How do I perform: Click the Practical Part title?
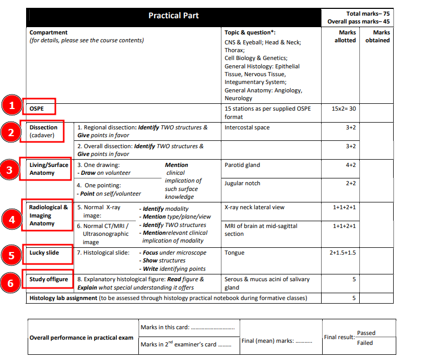173,16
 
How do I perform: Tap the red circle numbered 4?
10,219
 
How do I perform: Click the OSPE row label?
37,109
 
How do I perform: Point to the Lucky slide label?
44,253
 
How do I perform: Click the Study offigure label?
49,279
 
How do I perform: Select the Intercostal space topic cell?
247,127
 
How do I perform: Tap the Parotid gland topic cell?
242,165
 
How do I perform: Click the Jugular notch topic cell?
242,183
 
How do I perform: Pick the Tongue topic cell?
234,253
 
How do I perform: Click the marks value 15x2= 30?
344,109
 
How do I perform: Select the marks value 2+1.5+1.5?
343,253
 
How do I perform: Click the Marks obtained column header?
377,37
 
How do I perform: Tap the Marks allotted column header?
345,37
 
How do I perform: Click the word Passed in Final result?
366,333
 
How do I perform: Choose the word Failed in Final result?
365,343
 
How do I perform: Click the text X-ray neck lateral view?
254,207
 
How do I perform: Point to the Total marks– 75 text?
368,14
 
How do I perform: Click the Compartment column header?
49,32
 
